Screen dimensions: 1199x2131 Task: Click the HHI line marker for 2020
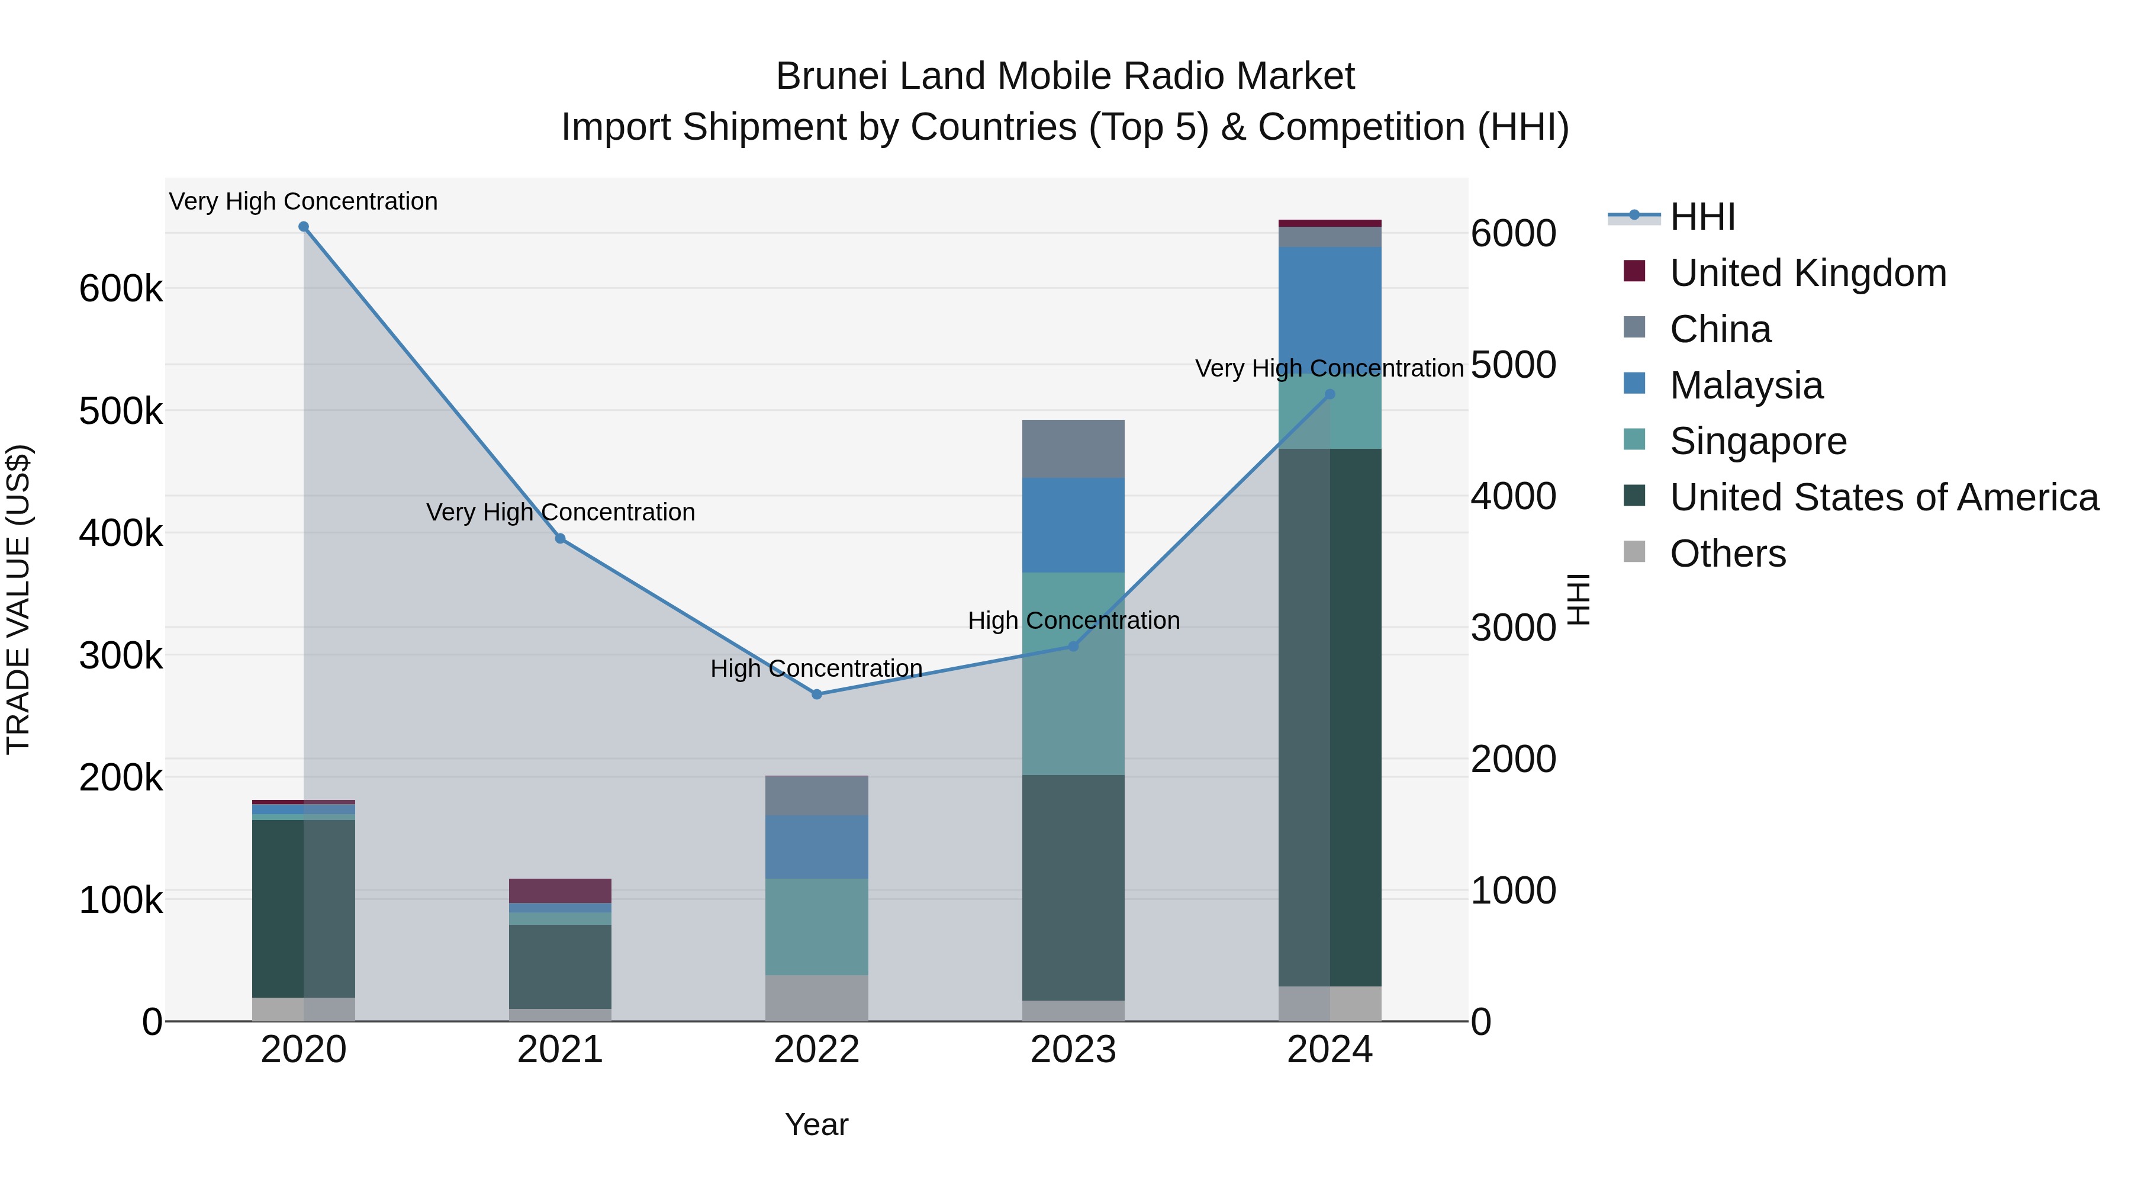[304, 227]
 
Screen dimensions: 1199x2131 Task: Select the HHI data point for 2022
[816, 695]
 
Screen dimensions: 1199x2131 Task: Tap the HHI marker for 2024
[1330, 395]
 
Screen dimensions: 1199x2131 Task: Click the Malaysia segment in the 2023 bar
[1073, 525]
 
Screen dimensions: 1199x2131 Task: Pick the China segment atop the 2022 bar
[816, 795]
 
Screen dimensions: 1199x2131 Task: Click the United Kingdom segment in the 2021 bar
[560, 891]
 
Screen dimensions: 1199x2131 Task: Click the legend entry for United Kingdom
[1808, 273]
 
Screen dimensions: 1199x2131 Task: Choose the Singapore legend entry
[1758, 441]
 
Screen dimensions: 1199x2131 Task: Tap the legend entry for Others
[1727, 554]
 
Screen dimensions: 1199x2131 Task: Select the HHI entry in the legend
[1702, 217]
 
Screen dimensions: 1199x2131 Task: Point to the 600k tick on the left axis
[121, 290]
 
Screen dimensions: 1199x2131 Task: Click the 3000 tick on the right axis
[1512, 627]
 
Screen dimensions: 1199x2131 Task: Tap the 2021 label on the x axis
[560, 1050]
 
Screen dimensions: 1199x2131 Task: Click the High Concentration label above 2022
[816, 668]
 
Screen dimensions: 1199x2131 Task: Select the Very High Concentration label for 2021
[560, 512]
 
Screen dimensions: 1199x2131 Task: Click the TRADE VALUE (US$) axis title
[18, 599]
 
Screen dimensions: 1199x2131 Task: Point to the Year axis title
[816, 1124]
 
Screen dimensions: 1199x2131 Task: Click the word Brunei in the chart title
[832, 77]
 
